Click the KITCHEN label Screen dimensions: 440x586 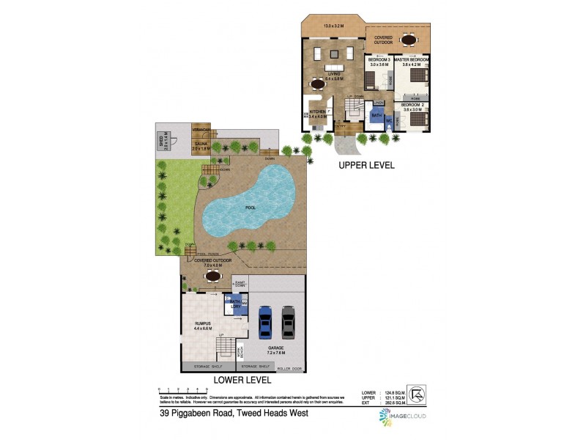pos(316,112)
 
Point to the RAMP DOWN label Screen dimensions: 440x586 pos(240,284)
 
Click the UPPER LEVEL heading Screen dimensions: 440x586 pos(366,166)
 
